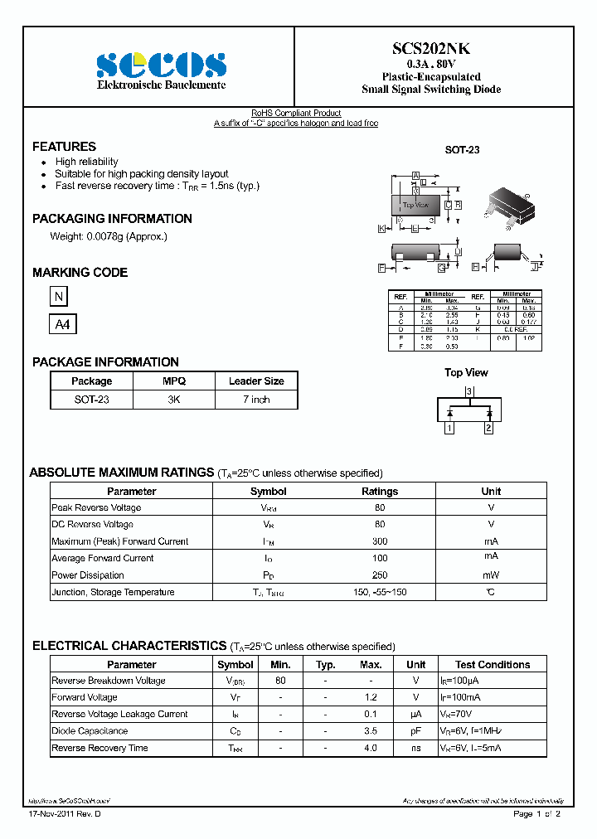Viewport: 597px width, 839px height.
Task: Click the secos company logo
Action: click(x=161, y=65)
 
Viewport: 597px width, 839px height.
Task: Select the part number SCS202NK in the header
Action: click(x=431, y=49)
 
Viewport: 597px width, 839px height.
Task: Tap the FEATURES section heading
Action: click(x=64, y=147)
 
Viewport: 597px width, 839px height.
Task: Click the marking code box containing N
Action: click(x=58, y=297)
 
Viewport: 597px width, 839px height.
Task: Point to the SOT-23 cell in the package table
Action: click(x=91, y=400)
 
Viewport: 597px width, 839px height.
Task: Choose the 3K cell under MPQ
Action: click(x=174, y=400)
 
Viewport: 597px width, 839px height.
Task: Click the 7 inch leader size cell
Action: click(x=256, y=400)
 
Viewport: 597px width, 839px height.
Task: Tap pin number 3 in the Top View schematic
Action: click(x=468, y=391)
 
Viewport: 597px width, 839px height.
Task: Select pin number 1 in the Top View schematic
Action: click(x=449, y=428)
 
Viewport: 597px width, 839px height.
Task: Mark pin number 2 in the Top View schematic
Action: click(x=488, y=428)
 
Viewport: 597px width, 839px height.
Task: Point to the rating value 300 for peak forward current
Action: click(x=380, y=541)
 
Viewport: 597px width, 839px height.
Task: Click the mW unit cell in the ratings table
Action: click(x=491, y=575)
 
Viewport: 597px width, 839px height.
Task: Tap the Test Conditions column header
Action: click(x=493, y=665)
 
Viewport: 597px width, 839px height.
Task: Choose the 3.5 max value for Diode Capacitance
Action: click(x=370, y=731)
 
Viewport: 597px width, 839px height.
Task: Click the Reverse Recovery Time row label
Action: click(x=99, y=748)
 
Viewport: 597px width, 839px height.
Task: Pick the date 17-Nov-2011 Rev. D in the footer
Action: click(x=66, y=814)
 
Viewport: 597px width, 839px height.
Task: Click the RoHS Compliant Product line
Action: click(x=296, y=114)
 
